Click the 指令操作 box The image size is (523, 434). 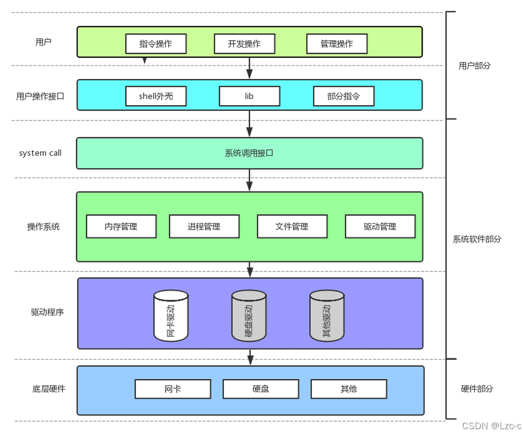click(x=155, y=44)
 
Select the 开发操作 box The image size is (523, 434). click(x=245, y=44)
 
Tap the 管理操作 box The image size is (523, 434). click(x=337, y=44)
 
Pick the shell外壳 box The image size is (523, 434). click(x=155, y=96)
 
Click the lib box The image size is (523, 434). click(x=249, y=96)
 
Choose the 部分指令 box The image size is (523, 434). click(x=343, y=96)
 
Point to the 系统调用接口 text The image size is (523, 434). click(x=249, y=153)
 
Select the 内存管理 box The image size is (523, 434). click(x=121, y=226)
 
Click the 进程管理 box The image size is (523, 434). click(x=204, y=226)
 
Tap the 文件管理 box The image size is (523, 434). click(x=292, y=226)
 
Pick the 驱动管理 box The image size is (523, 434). click(x=380, y=226)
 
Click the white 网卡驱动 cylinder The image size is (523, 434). click(x=171, y=315)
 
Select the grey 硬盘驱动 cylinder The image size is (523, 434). click(x=249, y=315)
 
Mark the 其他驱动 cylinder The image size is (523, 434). click(x=327, y=315)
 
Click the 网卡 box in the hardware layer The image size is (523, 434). click(x=173, y=388)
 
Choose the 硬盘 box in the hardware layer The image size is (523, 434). click(x=261, y=388)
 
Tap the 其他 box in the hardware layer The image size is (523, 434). click(x=349, y=388)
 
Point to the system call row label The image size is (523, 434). click(x=40, y=153)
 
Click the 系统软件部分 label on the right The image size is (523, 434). click(x=477, y=239)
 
